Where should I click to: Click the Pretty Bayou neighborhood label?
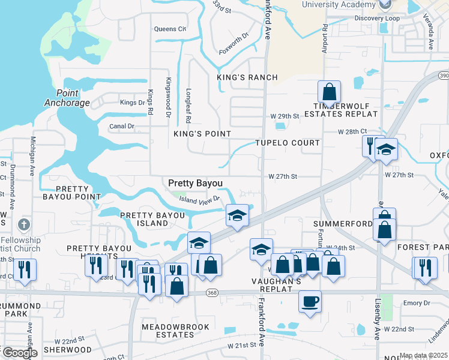tap(195, 183)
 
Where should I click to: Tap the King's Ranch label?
tap(248, 77)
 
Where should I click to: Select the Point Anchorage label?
tap(67, 98)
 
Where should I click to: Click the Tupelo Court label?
tap(287, 143)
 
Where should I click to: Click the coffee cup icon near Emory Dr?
tap(310, 301)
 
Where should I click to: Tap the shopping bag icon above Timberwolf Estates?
tap(329, 92)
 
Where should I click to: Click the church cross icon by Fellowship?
tap(23, 225)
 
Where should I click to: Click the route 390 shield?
tap(443, 76)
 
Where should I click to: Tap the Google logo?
tap(19, 353)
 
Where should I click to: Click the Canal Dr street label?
tap(122, 127)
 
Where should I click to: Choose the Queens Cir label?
tap(170, 29)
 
